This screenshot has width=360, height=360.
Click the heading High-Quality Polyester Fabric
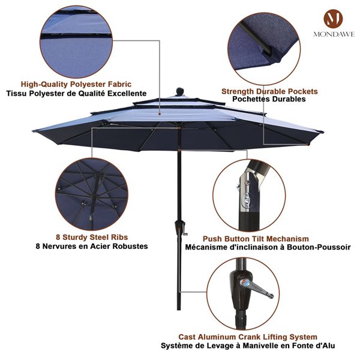pos(76,85)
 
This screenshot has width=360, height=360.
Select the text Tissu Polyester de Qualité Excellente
pos(76,94)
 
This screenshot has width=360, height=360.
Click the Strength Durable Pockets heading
pos(269,91)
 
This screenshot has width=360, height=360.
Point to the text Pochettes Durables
pos(269,100)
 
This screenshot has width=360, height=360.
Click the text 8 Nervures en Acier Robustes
pos(91,246)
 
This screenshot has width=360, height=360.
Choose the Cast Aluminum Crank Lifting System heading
pos(248,337)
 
